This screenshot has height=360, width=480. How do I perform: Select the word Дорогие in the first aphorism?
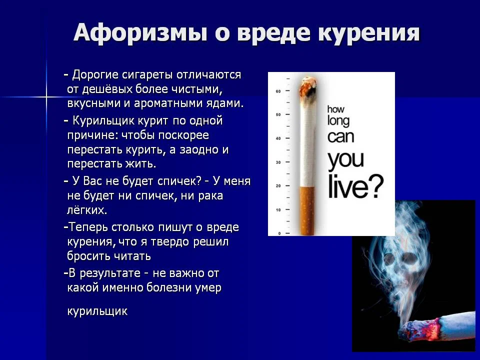95,75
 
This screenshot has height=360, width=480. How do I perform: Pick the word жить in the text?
139,163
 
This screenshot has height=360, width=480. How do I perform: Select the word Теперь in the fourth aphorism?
88,227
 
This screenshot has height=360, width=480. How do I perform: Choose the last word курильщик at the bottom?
97,311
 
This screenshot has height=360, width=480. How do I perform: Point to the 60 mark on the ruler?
278,91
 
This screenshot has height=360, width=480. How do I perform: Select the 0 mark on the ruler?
279,233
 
